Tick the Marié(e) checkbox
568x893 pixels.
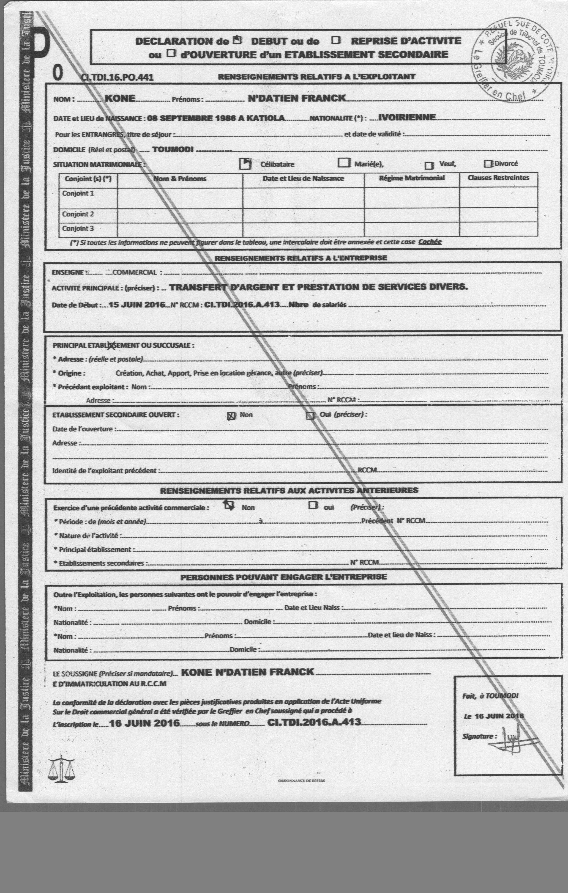click(344, 163)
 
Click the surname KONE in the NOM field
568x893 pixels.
click(120, 98)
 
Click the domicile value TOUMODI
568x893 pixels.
click(173, 150)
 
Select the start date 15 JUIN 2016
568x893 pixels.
click(137, 305)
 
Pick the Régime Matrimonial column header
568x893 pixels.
click(412, 178)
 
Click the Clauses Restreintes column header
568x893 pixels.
click(498, 178)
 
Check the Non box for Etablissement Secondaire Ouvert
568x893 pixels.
click(231, 416)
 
